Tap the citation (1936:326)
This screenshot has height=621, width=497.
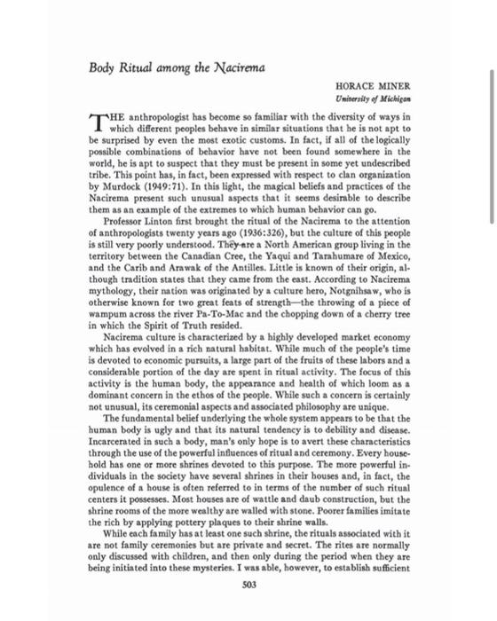tap(261, 230)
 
